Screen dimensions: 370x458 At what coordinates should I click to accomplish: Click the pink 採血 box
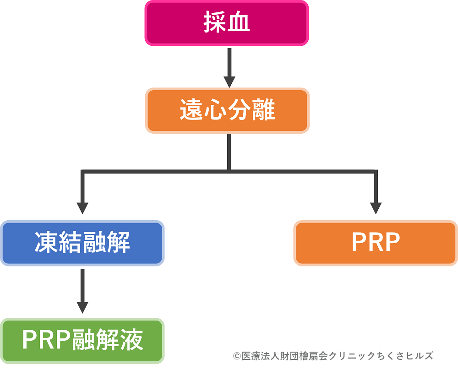[x=227, y=23]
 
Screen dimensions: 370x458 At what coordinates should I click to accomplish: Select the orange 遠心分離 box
[x=227, y=111]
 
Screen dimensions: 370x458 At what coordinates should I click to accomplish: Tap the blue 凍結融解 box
[x=82, y=243]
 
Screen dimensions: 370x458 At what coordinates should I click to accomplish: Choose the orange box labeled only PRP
[x=376, y=243]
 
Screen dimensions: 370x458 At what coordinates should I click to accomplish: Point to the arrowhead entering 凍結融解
[x=82, y=207]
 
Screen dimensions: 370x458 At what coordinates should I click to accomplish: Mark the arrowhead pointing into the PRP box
[x=376, y=207]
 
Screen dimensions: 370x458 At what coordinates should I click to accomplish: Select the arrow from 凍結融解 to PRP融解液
[x=82, y=291]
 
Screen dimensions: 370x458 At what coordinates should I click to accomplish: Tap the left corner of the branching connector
[x=82, y=172]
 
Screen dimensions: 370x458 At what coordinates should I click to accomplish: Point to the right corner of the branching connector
[x=376, y=172]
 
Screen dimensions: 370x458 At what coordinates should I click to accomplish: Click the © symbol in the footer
[x=237, y=356]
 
